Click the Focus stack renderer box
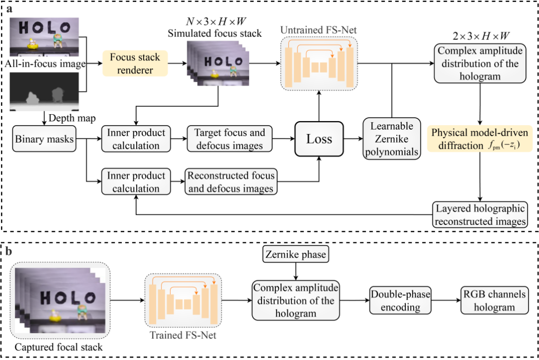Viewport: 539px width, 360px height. tap(135, 63)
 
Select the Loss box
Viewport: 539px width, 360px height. tap(319, 139)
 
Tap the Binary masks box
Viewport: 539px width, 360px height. tap(44, 139)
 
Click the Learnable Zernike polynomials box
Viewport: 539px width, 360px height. tap(392, 139)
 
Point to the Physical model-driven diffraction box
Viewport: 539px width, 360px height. tap(480, 139)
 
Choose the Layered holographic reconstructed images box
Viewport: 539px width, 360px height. tap(480, 215)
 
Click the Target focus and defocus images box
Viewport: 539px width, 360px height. tap(230, 139)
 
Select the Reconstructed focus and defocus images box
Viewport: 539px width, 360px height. tap(231, 181)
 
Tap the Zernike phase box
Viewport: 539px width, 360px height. tap(295, 254)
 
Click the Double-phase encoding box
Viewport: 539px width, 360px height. tap(400, 301)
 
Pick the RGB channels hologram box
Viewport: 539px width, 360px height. tap(494, 301)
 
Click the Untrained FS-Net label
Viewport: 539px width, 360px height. tap(318, 30)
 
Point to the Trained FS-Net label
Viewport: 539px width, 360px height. tap(183, 335)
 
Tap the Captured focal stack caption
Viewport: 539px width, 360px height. tap(58, 347)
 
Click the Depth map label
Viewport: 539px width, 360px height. tap(72, 118)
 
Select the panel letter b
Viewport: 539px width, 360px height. tap(8, 251)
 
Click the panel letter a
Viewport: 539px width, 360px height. tap(9, 8)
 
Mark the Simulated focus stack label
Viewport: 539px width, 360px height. tap(215, 33)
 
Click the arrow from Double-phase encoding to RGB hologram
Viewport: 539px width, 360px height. tap(446, 300)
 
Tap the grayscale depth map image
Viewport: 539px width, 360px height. tap(44, 91)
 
